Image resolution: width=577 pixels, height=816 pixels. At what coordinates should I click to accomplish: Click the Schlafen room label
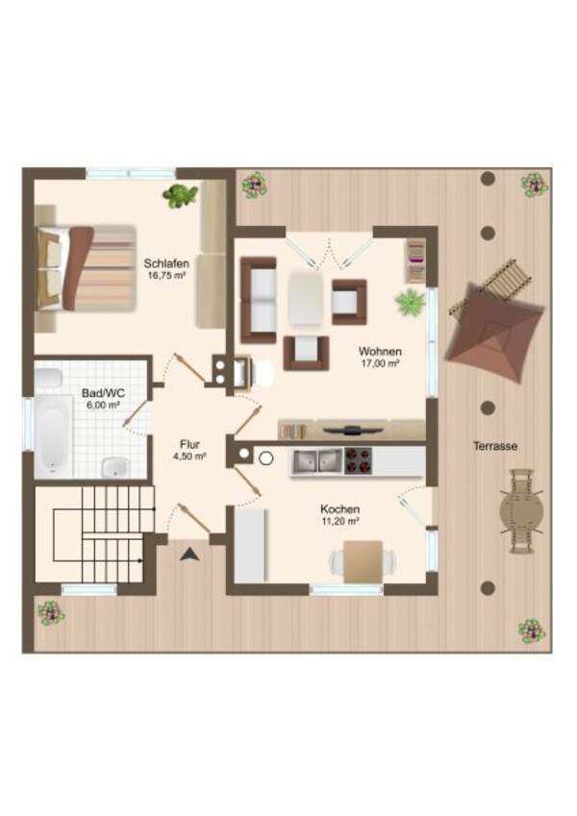[x=166, y=263]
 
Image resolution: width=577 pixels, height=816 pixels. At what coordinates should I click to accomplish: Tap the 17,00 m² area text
[x=380, y=363]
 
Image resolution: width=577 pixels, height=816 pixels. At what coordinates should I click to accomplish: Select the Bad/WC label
[x=103, y=393]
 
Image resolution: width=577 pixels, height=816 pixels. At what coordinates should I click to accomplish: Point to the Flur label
[x=189, y=444]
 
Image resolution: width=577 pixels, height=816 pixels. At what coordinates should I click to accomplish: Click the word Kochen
[x=339, y=509]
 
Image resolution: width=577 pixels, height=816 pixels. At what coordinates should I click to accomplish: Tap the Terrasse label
[x=495, y=446]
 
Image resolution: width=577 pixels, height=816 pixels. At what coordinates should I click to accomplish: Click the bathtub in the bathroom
[x=53, y=436]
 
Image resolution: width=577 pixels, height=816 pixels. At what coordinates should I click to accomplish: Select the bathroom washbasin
[x=115, y=467]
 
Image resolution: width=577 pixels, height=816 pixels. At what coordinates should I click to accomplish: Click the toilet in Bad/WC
[x=48, y=378]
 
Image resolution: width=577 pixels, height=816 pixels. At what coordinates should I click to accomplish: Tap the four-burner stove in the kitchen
[x=359, y=461]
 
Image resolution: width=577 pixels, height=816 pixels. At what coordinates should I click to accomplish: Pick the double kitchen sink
[x=316, y=461]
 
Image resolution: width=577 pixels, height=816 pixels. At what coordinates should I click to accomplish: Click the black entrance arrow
[x=189, y=555]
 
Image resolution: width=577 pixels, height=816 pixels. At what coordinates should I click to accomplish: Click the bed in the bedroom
[x=85, y=268]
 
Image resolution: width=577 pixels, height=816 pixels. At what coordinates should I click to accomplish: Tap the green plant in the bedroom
[x=180, y=196]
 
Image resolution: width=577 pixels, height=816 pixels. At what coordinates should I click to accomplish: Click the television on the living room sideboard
[x=353, y=430]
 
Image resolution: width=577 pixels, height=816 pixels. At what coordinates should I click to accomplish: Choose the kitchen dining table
[x=363, y=561]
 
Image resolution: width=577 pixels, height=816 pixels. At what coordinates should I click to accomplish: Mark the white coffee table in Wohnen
[x=306, y=299]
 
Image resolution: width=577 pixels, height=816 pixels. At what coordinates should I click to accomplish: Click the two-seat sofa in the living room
[x=259, y=300]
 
